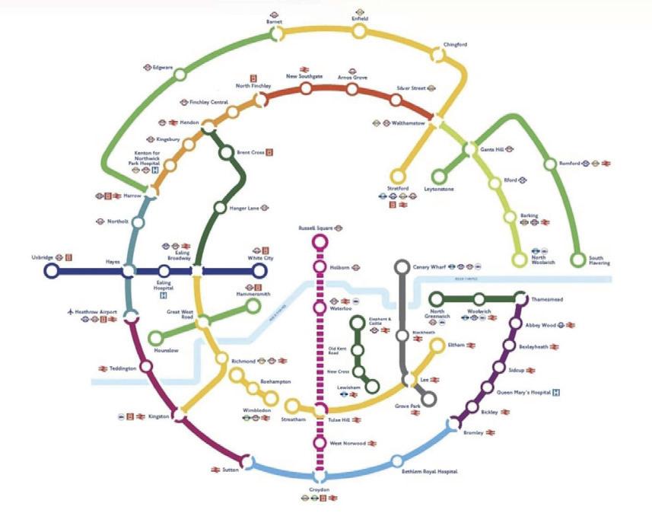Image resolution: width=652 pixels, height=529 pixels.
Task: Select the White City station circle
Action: [259, 271]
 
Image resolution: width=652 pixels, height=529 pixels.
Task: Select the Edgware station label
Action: [164, 67]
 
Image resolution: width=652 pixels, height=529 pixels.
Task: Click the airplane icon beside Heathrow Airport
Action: [70, 311]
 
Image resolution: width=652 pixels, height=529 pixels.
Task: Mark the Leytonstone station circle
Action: [437, 177]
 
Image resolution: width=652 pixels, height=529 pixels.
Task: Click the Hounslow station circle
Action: [156, 337]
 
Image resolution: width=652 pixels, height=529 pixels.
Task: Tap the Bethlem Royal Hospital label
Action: [430, 472]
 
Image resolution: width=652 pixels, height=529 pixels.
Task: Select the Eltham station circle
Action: [437, 346]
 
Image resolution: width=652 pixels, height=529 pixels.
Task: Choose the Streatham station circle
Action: [292, 406]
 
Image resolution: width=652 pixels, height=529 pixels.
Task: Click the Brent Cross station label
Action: [250, 152]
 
